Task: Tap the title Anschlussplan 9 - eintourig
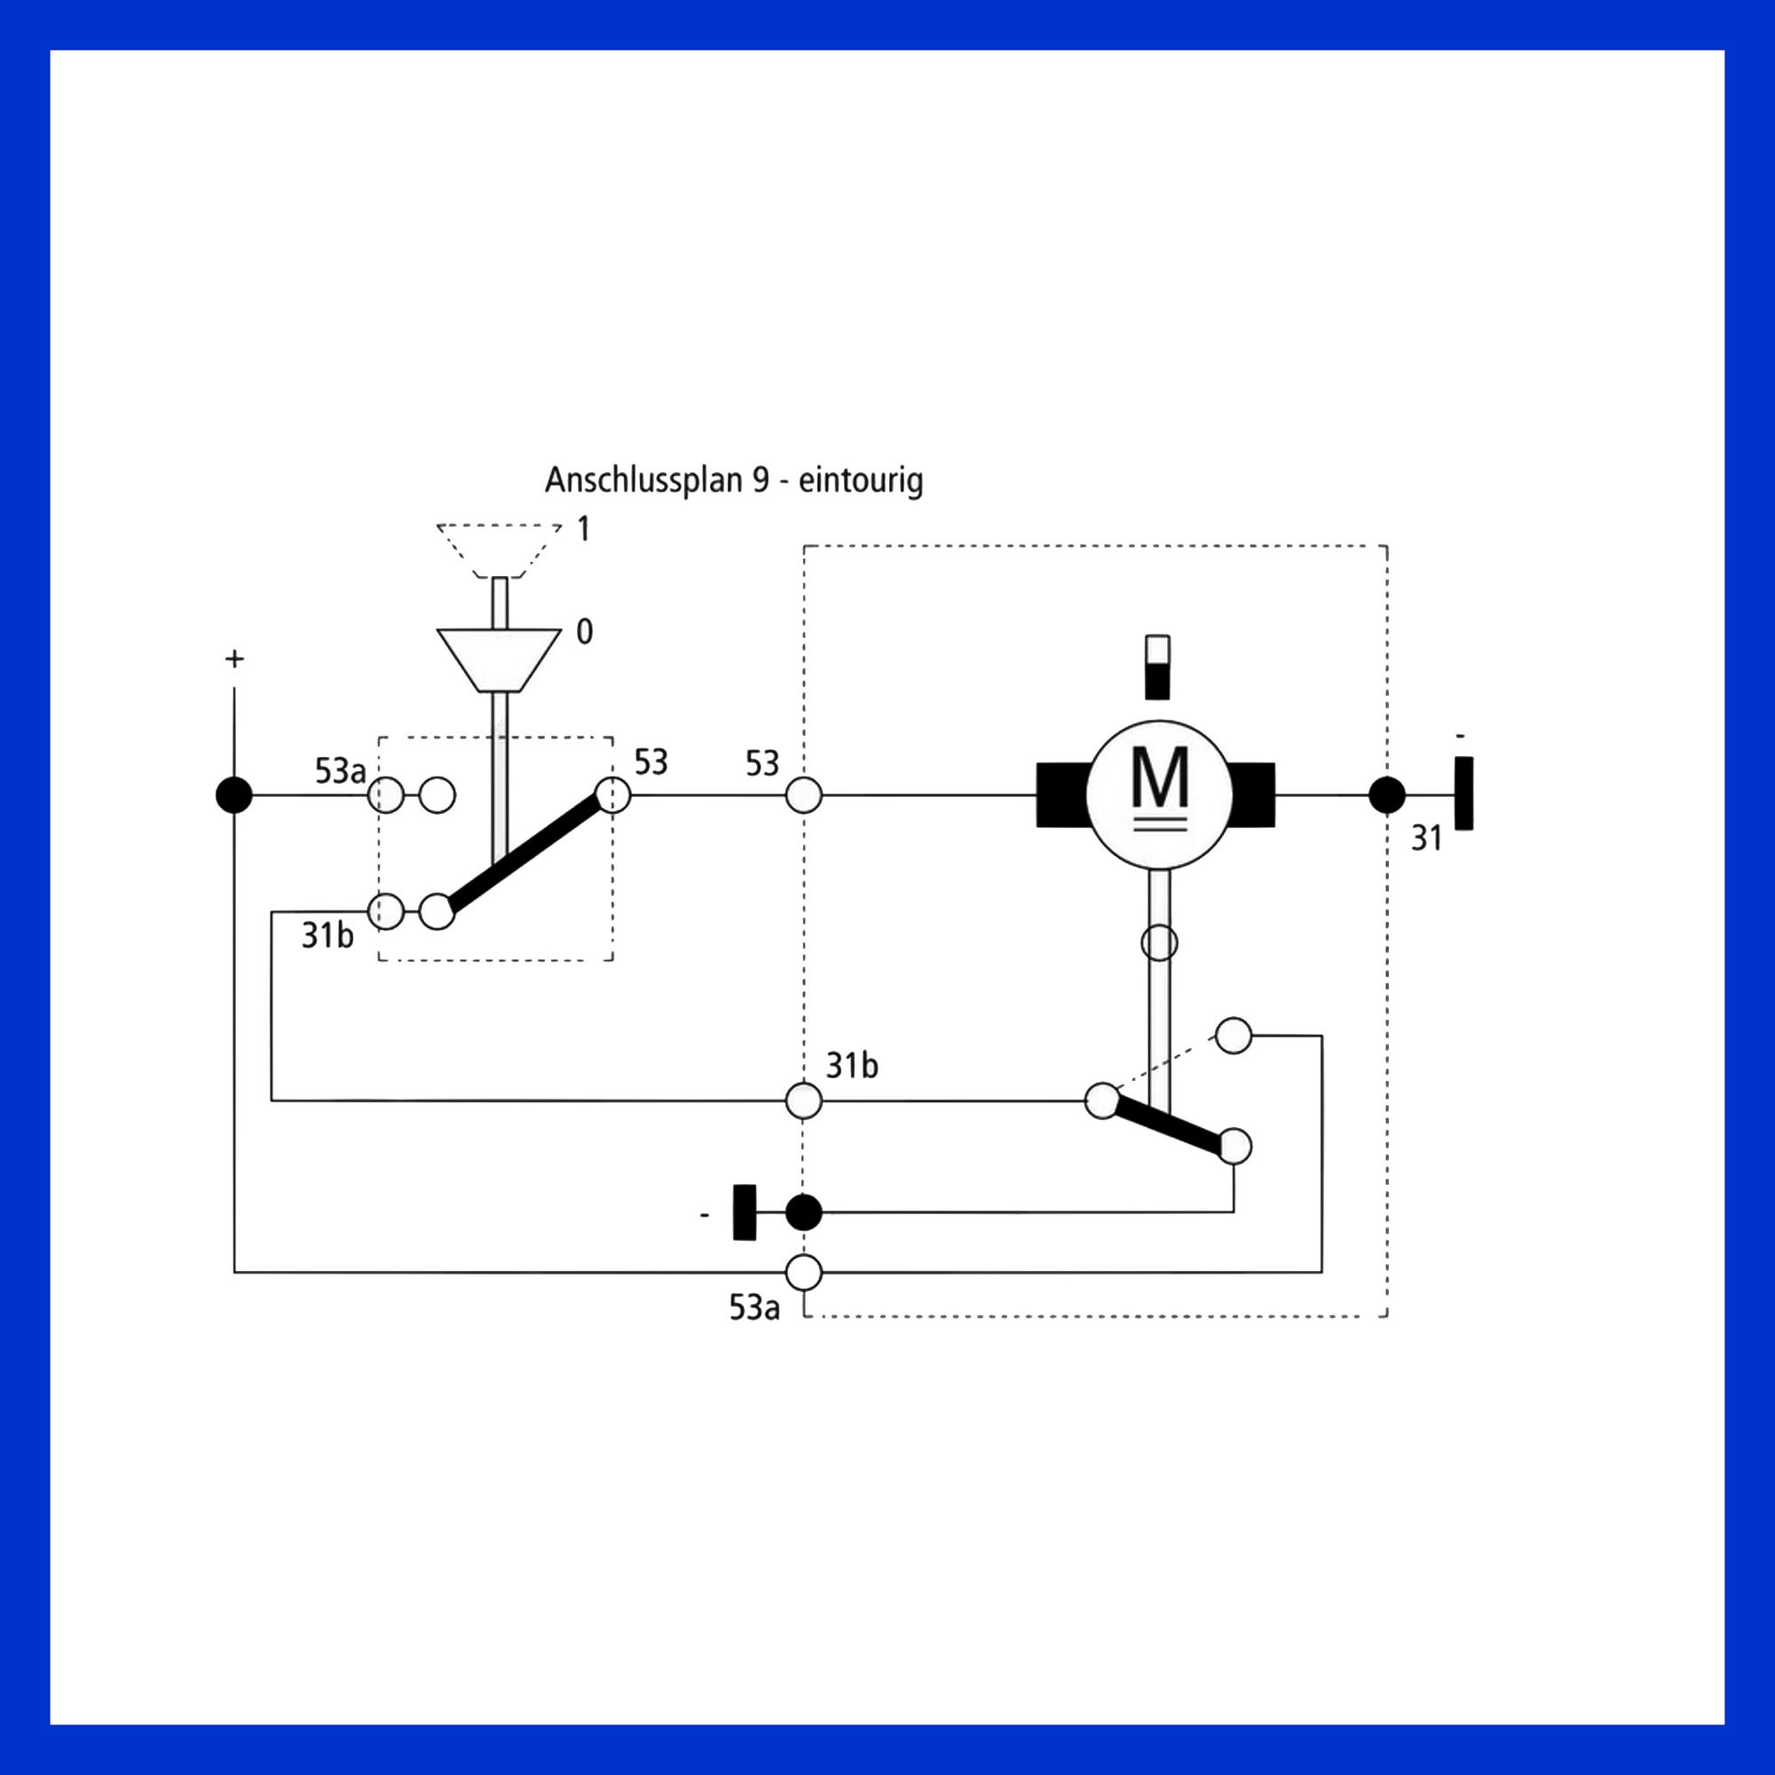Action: click(734, 480)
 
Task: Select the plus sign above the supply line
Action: click(234, 659)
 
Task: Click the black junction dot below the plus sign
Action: click(234, 794)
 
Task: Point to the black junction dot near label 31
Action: click(1387, 795)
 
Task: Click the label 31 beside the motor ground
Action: click(1426, 838)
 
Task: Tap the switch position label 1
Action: click(583, 528)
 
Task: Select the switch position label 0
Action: click(584, 631)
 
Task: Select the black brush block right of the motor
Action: click(1251, 794)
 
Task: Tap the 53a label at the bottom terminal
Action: click(754, 1307)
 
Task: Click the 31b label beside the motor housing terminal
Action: click(852, 1066)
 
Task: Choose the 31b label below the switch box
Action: click(328, 935)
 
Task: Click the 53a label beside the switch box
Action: click(340, 771)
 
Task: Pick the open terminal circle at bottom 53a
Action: click(804, 1273)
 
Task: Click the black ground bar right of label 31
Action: click(1464, 793)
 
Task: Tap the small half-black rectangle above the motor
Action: click(1158, 667)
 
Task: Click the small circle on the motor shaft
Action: click(1158, 943)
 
